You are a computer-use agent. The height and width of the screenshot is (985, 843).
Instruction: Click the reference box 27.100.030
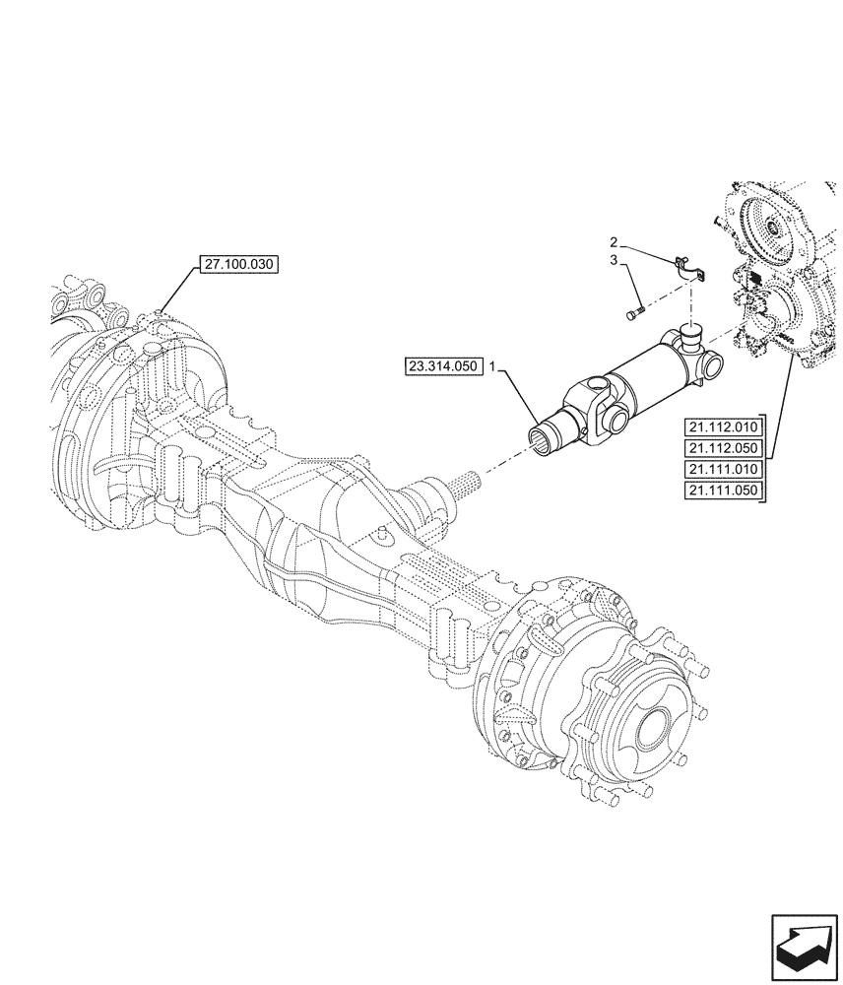[x=239, y=264]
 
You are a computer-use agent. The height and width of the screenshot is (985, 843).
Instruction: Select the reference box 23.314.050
[x=443, y=366]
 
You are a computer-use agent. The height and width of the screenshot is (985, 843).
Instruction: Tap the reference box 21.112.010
[x=722, y=427]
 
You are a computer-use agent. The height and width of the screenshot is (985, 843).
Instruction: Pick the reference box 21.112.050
[x=722, y=448]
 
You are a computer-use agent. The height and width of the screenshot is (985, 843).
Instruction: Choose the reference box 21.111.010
[x=722, y=470]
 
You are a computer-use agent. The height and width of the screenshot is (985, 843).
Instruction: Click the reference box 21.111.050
[x=722, y=491]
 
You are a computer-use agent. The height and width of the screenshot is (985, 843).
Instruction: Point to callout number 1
[x=494, y=366]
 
